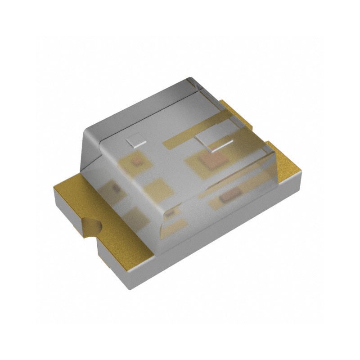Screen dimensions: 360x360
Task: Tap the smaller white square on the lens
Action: [133, 141]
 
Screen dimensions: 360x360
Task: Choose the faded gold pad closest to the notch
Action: [135, 218]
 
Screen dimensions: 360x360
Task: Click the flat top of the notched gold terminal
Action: [81, 198]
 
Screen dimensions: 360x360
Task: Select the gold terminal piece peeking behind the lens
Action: [234, 112]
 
